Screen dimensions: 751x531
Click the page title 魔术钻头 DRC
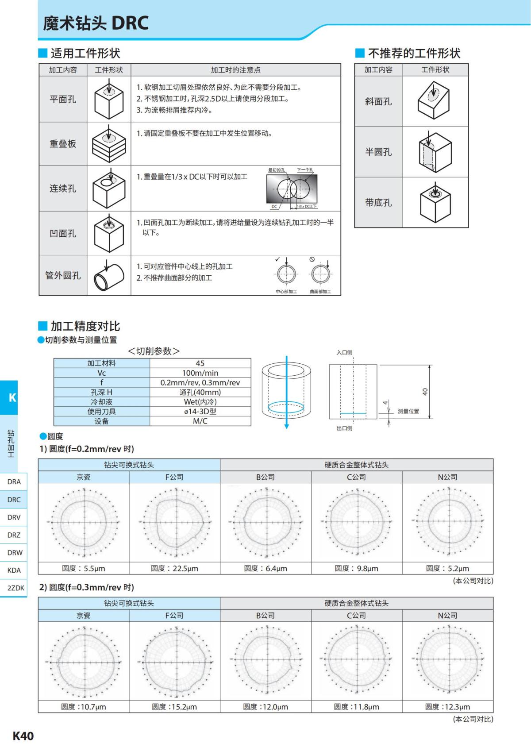point(96,23)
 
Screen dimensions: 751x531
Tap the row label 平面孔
point(63,100)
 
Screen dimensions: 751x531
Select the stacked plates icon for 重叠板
point(108,144)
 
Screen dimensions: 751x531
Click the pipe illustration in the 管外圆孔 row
point(108,275)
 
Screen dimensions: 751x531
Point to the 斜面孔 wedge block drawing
point(434,102)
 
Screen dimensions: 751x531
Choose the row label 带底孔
point(378,203)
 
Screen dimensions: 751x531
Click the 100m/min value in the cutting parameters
point(200,373)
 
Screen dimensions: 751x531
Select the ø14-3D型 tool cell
point(200,412)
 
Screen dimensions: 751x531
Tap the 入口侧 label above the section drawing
point(344,353)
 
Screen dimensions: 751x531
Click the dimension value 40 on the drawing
point(425,392)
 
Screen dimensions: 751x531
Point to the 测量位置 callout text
point(408,412)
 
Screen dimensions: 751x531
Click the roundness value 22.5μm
point(174,569)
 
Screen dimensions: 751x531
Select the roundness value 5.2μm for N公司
point(447,569)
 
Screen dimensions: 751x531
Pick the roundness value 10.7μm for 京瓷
point(84,707)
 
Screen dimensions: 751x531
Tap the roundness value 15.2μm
point(174,707)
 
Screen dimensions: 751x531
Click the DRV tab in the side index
point(14,517)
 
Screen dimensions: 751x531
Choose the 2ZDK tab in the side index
point(15,588)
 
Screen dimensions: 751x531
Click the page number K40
point(23,736)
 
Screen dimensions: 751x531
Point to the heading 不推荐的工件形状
point(414,54)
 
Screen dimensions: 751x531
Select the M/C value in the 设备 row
point(200,421)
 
